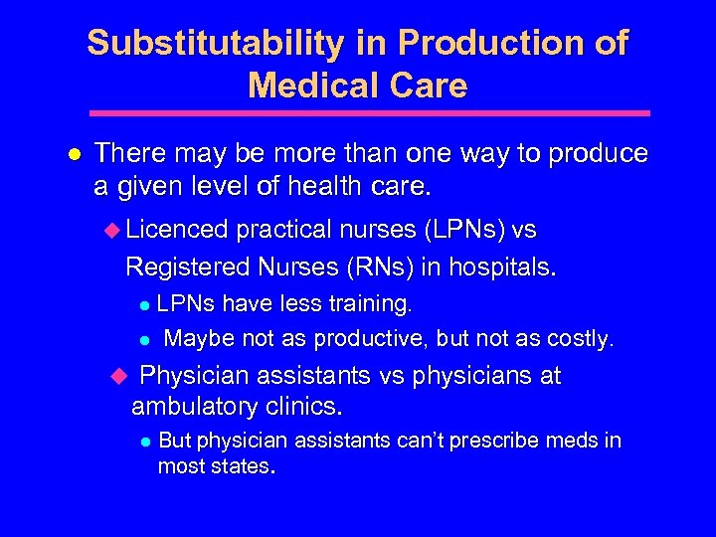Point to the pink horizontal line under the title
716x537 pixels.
point(368,113)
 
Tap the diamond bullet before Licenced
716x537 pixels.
point(111,231)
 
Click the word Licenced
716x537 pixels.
point(178,230)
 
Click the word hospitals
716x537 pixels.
point(503,267)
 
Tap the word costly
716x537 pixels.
point(578,339)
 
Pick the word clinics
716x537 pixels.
point(307,407)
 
